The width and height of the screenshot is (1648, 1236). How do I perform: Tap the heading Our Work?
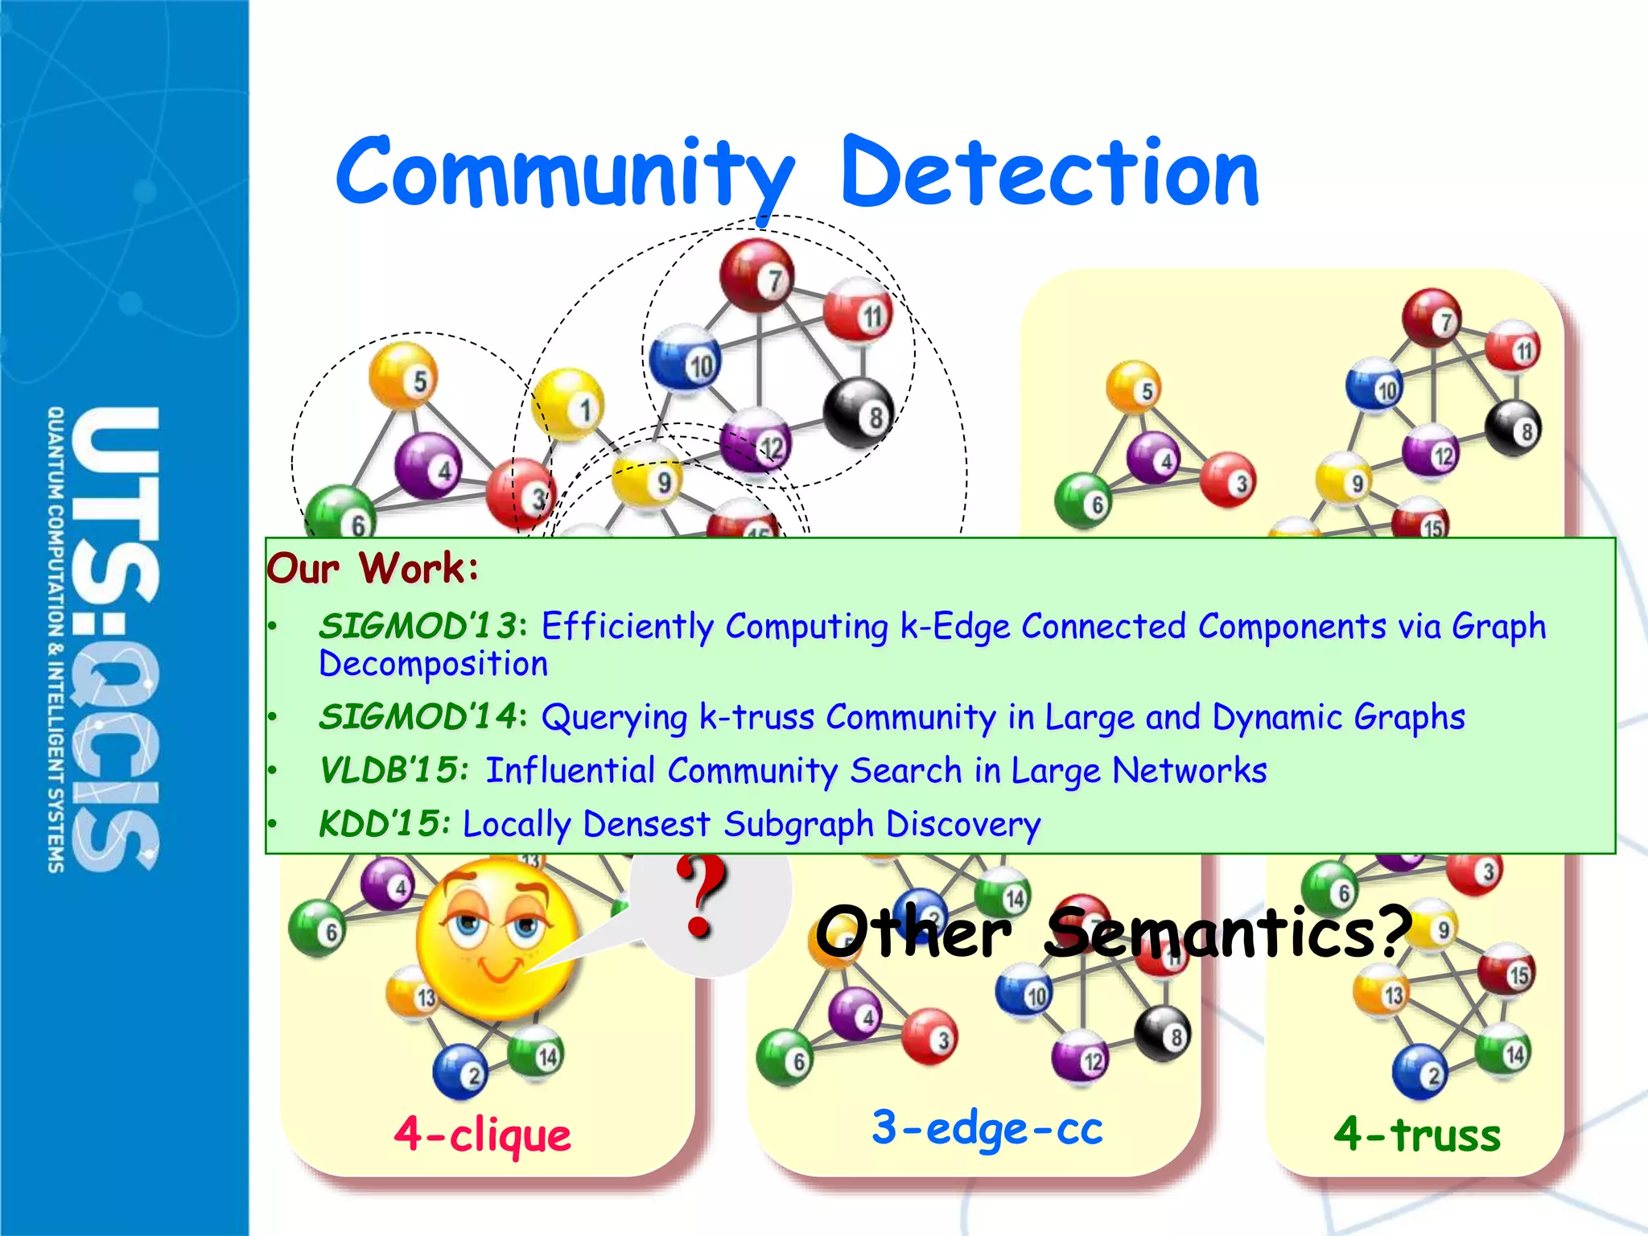pos(373,568)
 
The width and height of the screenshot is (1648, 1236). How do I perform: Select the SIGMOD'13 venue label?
pos(418,626)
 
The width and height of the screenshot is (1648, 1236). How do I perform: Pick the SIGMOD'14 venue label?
pos(418,716)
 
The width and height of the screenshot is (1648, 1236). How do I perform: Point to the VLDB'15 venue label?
pos(393,770)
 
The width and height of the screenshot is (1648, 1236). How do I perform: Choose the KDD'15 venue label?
pos(381,823)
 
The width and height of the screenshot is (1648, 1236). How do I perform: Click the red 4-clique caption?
pos(483,1135)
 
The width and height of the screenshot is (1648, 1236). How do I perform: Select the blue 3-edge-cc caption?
pos(987,1128)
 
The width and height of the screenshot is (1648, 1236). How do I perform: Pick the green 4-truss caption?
pos(1417,1135)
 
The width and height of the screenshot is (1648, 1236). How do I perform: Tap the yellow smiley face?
pos(496,937)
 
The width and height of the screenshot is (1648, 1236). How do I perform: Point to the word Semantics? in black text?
pos(1228,932)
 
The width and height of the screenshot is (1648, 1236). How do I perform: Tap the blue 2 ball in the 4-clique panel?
pos(459,1072)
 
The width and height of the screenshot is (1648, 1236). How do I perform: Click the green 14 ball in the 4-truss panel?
pos(1502,1052)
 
